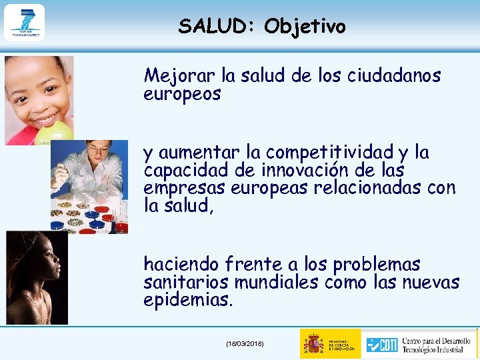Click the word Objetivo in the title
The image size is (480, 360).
click(305, 27)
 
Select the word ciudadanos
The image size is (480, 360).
click(394, 76)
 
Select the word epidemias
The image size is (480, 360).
click(189, 300)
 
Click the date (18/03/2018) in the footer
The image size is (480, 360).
click(245, 343)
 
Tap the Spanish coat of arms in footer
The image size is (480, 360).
click(313, 343)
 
